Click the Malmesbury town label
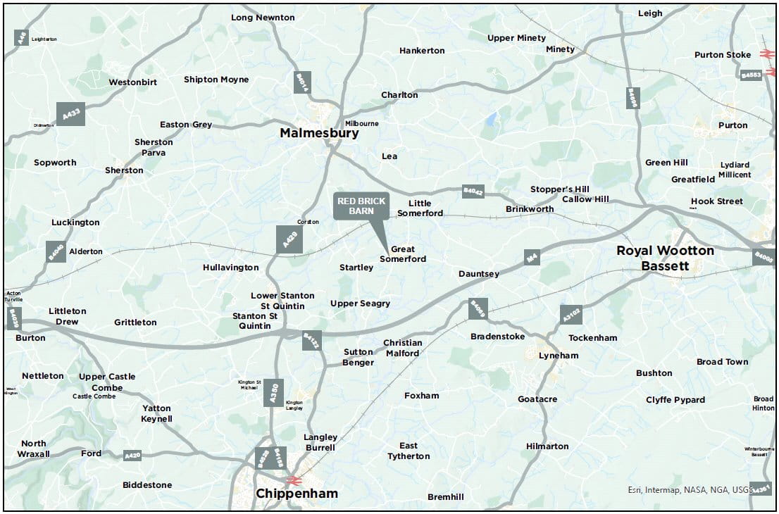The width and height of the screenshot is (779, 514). pyautogui.click(x=319, y=133)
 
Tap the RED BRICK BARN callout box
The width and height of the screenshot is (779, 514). pyautogui.click(x=361, y=206)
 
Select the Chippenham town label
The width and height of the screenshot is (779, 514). pyautogui.click(x=297, y=494)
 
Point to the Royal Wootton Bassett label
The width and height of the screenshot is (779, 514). pyautogui.click(x=665, y=258)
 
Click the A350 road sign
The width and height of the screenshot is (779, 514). pyautogui.click(x=275, y=392)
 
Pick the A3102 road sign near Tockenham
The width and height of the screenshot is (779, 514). pyautogui.click(x=571, y=315)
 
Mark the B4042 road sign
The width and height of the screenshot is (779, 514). pyautogui.click(x=473, y=191)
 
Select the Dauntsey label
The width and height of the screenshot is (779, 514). pyautogui.click(x=479, y=273)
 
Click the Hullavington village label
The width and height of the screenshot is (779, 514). pyautogui.click(x=231, y=268)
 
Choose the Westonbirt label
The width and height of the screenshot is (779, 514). pyautogui.click(x=132, y=82)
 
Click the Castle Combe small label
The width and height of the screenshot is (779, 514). pyautogui.click(x=93, y=396)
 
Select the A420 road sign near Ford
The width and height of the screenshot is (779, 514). pyautogui.click(x=132, y=456)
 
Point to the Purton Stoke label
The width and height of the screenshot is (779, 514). pyautogui.click(x=723, y=55)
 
